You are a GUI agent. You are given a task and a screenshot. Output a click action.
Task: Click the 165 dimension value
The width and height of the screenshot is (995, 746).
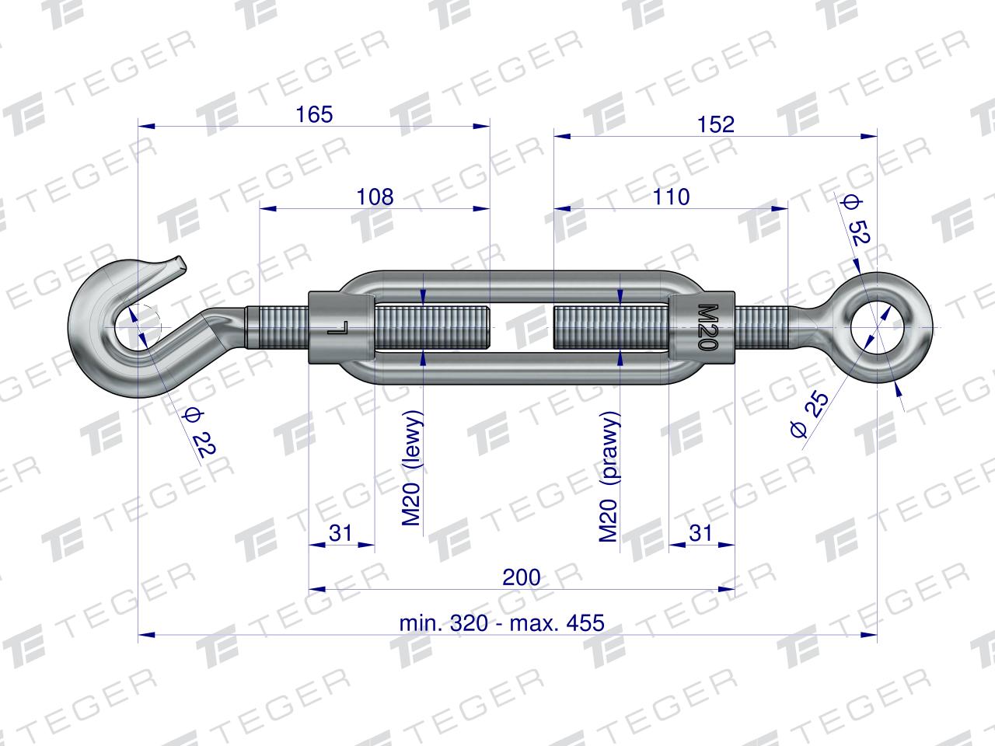[314, 114]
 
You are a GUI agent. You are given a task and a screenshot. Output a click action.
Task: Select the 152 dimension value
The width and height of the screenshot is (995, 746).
[715, 124]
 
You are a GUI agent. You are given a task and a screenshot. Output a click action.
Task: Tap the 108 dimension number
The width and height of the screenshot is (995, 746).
[375, 197]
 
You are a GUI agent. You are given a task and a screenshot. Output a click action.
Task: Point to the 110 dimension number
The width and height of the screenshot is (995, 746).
[671, 197]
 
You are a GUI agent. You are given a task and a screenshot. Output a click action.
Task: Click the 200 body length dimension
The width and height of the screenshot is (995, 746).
[522, 577]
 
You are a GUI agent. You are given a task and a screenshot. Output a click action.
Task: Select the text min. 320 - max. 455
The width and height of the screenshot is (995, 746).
[502, 623]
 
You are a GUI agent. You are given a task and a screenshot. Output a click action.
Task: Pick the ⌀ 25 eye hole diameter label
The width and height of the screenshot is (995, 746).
[810, 414]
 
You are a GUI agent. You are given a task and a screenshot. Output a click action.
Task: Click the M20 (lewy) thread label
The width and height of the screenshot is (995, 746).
[411, 469]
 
